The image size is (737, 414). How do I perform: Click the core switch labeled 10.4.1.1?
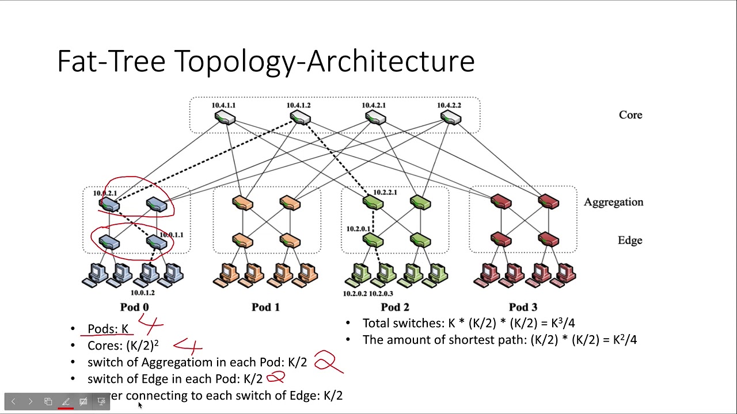pos(225,118)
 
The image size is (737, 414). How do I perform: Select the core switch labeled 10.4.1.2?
pos(300,118)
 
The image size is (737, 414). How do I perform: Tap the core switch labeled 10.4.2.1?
pos(375,118)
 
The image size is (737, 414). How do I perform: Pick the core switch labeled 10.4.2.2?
pos(450,118)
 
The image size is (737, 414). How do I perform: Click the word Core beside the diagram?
pos(630,115)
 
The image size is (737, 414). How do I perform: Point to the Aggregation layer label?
pos(613,202)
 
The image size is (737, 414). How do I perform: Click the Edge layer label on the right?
pos(630,240)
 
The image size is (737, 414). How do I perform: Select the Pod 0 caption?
pos(135,307)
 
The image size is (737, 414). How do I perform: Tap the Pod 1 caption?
pos(265,307)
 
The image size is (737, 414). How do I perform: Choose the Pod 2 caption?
pos(395,307)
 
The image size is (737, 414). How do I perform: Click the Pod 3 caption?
pos(523,307)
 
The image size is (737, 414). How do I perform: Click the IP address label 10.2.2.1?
pos(385,193)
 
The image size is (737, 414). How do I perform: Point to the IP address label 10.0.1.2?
pos(143,293)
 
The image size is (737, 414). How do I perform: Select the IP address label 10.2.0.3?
pos(381,294)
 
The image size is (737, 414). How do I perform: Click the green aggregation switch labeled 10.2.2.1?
pos(373,202)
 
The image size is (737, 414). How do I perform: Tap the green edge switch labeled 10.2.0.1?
pos(373,240)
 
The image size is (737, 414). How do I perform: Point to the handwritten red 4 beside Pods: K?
pos(150,324)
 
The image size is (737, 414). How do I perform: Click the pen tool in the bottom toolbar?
pos(66,401)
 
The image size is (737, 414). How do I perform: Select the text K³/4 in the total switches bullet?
pos(563,323)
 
